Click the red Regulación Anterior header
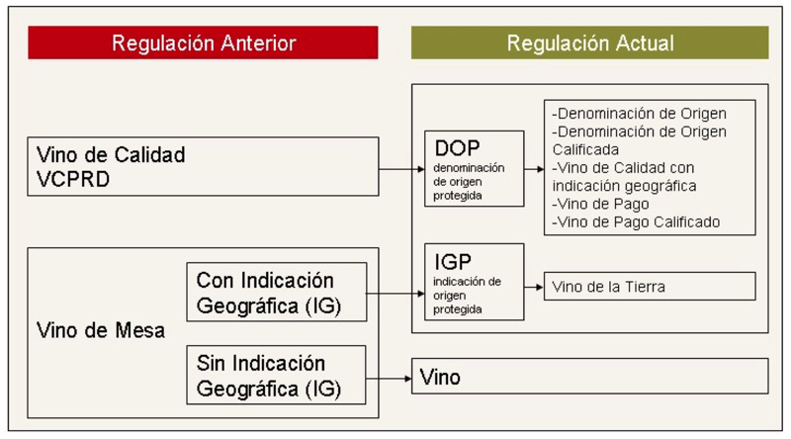pyautogui.click(x=204, y=43)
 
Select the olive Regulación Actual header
pyautogui.click(x=589, y=43)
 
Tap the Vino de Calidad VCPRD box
pyautogui.click(x=204, y=168)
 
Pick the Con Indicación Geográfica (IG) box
pyautogui.click(x=274, y=293)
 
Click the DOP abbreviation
pyautogui.click(x=457, y=148)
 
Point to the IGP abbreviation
pyautogui.click(x=453, y=262)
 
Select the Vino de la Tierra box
pyautogui.click(x=650, y=287)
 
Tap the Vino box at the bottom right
pyautogui.click(x=589, y=377)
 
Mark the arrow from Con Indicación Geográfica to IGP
pyautogui.click(x=393, y=294)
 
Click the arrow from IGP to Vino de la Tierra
pyautogui.click(x=534, y=287)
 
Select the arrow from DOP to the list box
pyautogui.click(x=534, y=169)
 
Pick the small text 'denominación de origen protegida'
pyautogui.click(x=469, y=181)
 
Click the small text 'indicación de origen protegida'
pyautogui.click(x=468, y=295)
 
